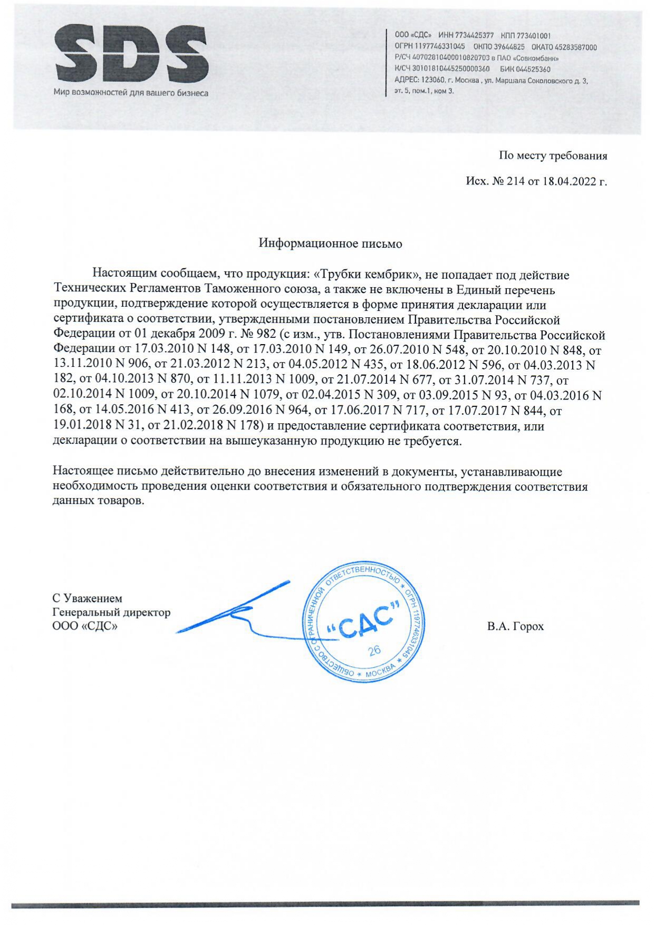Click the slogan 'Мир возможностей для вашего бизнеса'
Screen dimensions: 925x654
131,93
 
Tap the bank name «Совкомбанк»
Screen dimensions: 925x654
538,58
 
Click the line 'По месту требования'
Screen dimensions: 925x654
553,156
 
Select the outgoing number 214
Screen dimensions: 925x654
515,181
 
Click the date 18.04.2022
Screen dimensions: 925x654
569,181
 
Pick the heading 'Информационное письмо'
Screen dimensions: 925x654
330,244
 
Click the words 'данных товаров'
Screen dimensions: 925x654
98,500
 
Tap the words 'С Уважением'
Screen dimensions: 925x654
87,598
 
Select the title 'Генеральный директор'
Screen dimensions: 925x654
111,612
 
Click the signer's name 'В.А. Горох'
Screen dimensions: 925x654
515,627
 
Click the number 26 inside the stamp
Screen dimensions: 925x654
374,650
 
